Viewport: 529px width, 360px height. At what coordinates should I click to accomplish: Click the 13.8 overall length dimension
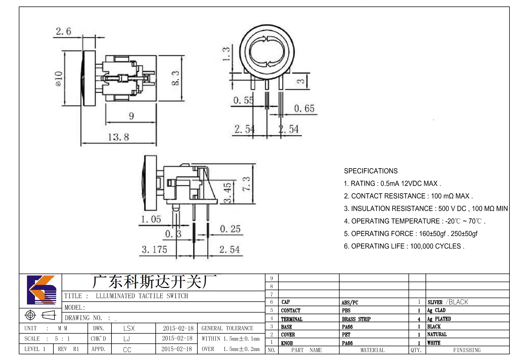coord(118,137)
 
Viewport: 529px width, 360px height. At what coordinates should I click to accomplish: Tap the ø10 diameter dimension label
coord(59,78)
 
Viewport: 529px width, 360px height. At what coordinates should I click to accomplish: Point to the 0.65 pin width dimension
coord(304,109)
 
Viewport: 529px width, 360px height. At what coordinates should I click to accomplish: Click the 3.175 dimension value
coord(154,250)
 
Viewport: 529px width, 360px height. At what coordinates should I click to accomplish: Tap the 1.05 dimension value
coord(151,219)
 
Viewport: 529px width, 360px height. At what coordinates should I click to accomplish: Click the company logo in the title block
coord(42,290)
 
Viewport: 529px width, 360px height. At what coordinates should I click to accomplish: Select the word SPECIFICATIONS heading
coord(371,171)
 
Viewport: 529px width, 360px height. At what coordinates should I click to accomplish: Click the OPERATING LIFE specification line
coord(404,246)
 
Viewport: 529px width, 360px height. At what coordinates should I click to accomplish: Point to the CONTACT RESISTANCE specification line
coord(408,196)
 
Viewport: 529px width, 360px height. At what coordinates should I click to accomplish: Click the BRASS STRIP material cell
coord(356,319)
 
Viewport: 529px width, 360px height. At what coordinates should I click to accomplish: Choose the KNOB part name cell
coord(287,343)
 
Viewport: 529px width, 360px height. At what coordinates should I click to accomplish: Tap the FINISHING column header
coord(467,350)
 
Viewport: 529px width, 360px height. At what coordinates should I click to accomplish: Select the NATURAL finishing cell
coord(437,334)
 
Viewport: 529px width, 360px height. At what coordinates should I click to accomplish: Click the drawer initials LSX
coord(129,328)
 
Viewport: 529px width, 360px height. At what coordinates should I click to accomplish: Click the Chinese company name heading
coord(154,282)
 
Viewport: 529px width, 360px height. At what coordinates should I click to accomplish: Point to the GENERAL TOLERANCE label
coord(227,328)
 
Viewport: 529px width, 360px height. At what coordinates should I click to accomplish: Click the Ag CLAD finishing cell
coord(436,310)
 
